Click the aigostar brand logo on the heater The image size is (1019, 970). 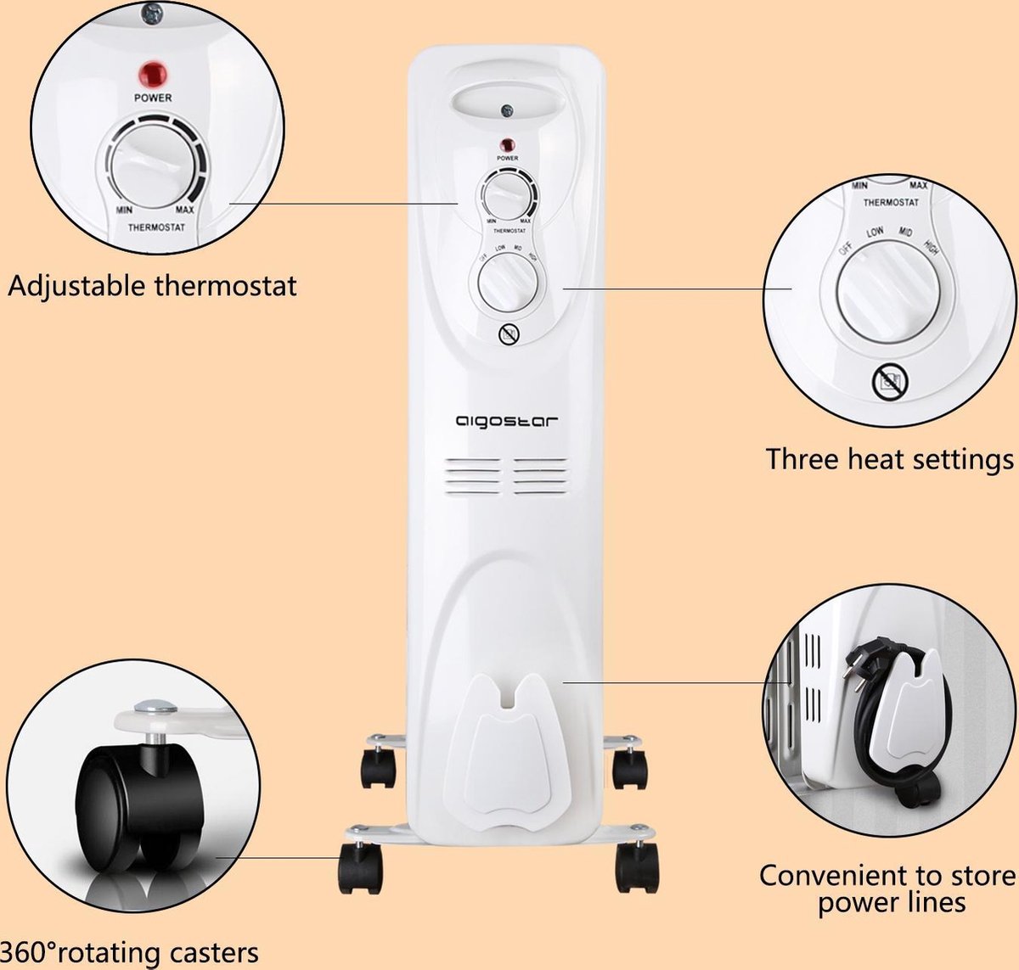[507, 421]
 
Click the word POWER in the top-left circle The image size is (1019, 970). [153, 98]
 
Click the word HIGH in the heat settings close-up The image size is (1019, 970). [931, 249]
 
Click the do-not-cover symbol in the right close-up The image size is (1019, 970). [890, 383]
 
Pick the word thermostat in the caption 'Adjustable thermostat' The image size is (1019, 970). [226, 285]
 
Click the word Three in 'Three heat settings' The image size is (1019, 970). [802, 459]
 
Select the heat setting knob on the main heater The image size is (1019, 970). [508, 284]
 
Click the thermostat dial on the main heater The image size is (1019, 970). [507, 197]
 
